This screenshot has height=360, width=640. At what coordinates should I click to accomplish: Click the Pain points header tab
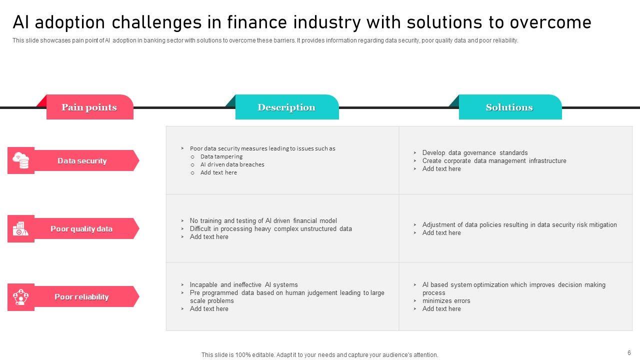pos(89,107)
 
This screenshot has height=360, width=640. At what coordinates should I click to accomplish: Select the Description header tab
pos(287,107)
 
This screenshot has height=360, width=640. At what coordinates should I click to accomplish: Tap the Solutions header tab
pos(510,107)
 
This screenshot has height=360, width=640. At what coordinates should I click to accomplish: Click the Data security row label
pos(82,161)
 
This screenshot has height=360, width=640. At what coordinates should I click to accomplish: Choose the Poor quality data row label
pos(81,229)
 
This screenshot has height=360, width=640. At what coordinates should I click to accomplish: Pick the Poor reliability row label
pos(81,297)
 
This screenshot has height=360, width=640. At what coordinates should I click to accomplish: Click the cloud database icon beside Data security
pos(21,160)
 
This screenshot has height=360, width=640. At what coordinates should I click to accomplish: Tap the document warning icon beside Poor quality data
pos(20,228)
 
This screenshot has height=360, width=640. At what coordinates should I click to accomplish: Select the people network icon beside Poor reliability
pos(21,297)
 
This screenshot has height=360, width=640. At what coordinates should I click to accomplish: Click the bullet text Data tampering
pos(221,156)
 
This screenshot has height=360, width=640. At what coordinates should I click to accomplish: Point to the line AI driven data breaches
pos(232,164)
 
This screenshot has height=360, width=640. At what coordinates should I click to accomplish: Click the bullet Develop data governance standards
pos(475,153)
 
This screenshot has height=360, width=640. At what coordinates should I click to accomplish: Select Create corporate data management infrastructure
pos(494,161)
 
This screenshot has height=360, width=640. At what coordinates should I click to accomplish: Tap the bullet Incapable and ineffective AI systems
pos(243,285)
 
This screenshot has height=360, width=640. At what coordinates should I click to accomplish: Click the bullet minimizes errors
pos(446,301)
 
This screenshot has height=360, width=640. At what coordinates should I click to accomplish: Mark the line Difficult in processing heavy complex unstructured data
pos(271,229)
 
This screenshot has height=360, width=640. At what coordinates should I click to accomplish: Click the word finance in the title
pos(257,22)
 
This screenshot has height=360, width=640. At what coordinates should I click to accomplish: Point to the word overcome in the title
pos(550,22)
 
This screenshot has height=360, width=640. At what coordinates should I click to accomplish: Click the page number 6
pos(629,353)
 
